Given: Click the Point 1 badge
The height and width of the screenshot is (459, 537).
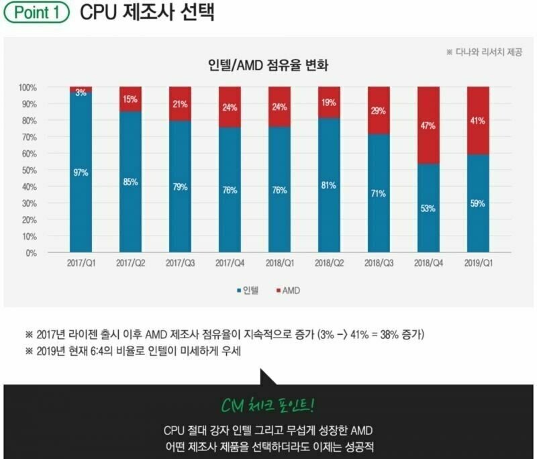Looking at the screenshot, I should tap(37, 13).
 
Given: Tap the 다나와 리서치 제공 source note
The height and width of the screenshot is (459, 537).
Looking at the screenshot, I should tap(484, 52).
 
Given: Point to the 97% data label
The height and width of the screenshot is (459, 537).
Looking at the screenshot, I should tap(81, 172).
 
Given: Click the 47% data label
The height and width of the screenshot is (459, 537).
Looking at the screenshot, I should tap(428, 125).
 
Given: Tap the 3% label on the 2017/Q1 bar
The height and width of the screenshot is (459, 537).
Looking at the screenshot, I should tap(81, 93).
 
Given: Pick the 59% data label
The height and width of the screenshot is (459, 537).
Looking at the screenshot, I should tap(478, 204).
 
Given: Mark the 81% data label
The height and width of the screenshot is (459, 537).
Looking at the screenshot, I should tap(329, 185).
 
